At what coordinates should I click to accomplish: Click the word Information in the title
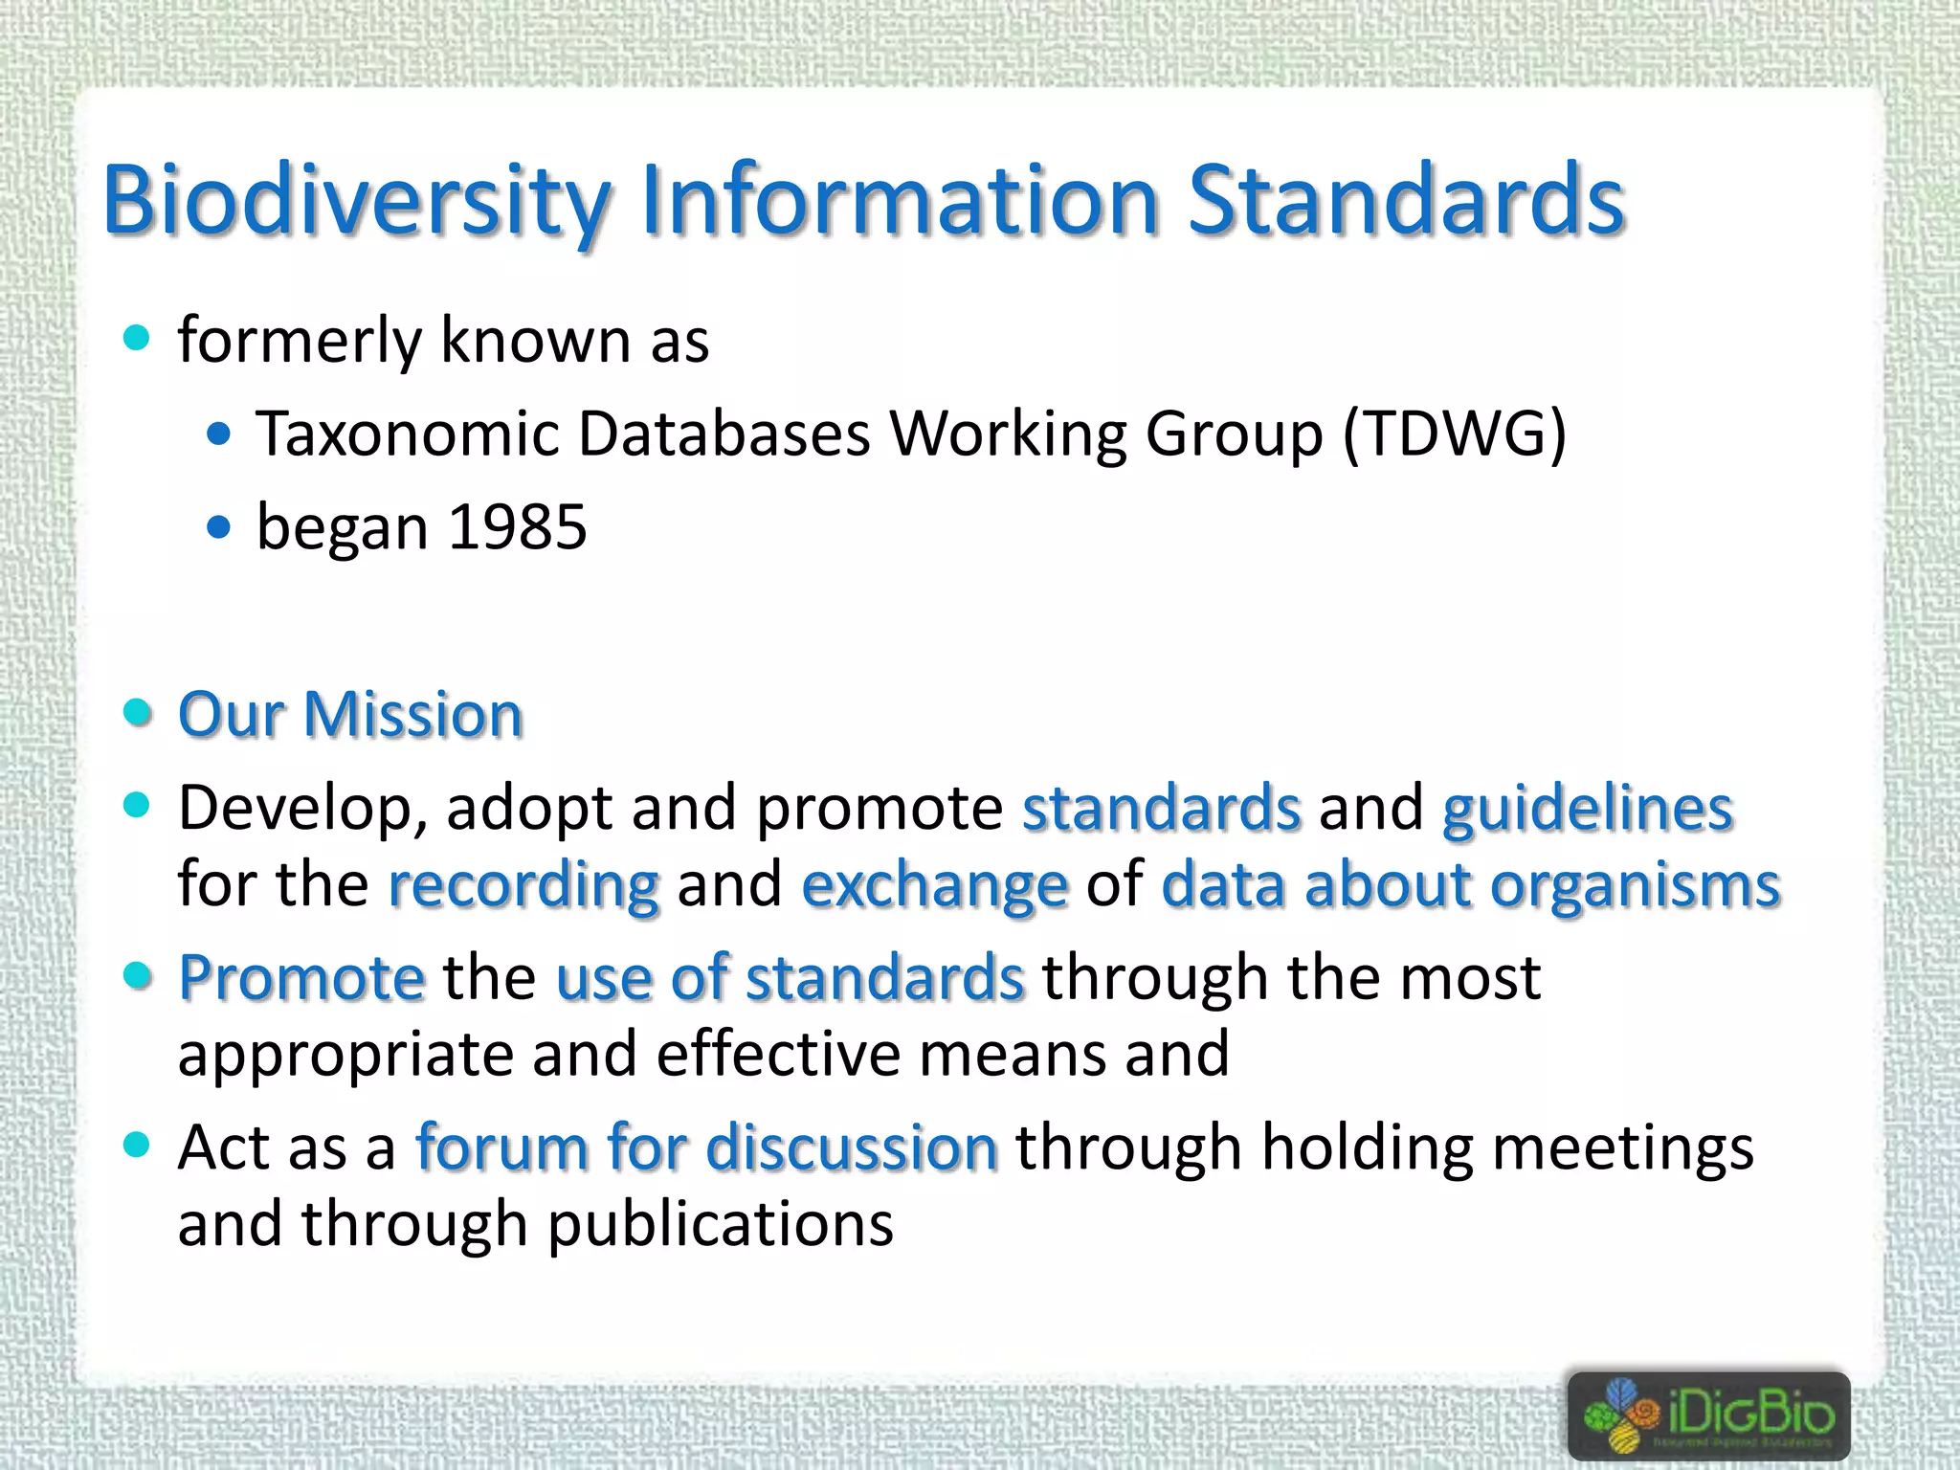[x=900, y=201]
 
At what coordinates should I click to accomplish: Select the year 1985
[x=517, y=527]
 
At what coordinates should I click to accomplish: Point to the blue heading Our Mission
[x=350, y=715]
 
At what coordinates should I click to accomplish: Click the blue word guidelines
[x=1588, y=809]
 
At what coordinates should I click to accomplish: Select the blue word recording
[x=523, y=885]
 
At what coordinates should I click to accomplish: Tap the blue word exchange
[x=934, y=885]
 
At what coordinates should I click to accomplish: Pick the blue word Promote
[x=301, y=978]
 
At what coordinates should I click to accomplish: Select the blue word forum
[x=501, y=1147]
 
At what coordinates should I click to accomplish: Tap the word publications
[x=720, y=1225]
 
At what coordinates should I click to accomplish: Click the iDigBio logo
[x=1708, y=1415]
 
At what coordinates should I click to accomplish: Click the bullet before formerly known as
[x=138, y=337]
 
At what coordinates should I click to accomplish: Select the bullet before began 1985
[x=219, y=526]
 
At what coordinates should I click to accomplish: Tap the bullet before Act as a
[x=138, y=1145]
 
